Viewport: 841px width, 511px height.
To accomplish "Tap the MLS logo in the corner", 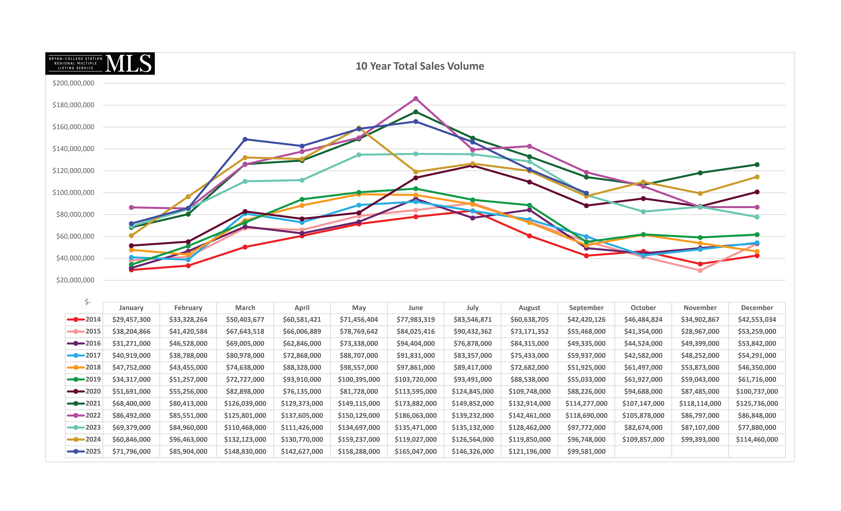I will [100, 64].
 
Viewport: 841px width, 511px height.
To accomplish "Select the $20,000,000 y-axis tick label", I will [75, 280].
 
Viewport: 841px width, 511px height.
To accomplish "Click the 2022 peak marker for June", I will [416, 99].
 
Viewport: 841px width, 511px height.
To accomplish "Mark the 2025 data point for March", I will [245, 139].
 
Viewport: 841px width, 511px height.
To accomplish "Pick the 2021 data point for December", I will [757, 165].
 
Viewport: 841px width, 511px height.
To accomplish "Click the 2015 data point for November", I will [700, 271].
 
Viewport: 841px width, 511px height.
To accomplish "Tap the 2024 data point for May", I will [359, 128].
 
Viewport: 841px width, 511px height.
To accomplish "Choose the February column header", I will [188, 308].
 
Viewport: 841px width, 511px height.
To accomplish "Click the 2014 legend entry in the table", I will [84, 319].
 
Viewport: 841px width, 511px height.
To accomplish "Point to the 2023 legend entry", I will [84, 427].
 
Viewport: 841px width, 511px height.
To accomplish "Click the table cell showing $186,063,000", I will [416, 415].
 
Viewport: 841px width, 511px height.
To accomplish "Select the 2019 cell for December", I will [757, 380].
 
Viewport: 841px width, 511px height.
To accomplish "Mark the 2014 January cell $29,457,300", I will [131, 319].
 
